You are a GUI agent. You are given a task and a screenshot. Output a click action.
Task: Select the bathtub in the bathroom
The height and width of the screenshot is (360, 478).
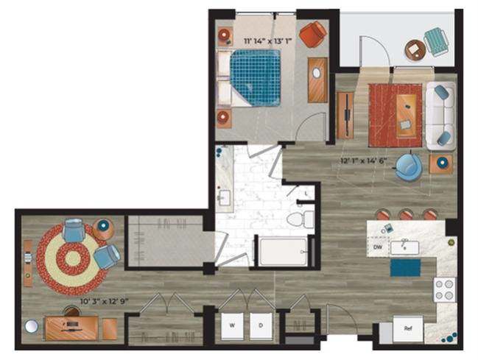click(282, 251)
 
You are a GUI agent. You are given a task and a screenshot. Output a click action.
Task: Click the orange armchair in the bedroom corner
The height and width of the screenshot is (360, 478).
click(312, 34)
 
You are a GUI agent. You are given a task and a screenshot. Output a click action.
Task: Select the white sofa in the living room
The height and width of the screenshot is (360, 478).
click(440, 115)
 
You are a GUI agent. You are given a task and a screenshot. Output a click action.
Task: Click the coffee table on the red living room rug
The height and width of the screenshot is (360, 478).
click(405, 114)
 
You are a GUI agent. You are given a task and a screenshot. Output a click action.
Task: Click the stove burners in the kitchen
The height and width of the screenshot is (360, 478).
click(445, 289)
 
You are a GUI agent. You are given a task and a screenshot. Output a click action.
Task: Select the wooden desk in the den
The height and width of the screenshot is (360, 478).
click(72, 326)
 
